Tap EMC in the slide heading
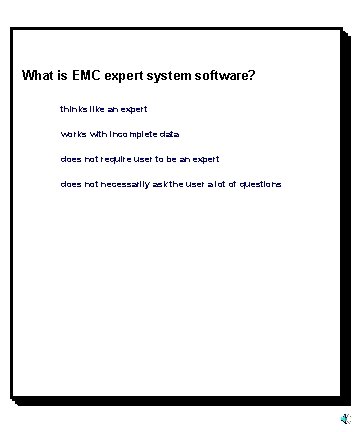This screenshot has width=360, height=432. (89, 75)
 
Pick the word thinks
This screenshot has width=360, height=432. (72, 108)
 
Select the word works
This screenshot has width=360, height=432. (73, 134)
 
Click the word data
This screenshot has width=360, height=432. (169, 134)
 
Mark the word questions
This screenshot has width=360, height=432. (259, 185)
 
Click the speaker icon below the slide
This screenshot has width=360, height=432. (344, 417)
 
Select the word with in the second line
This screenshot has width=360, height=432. (98, 134)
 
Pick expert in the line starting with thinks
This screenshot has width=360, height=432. (134, 108)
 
